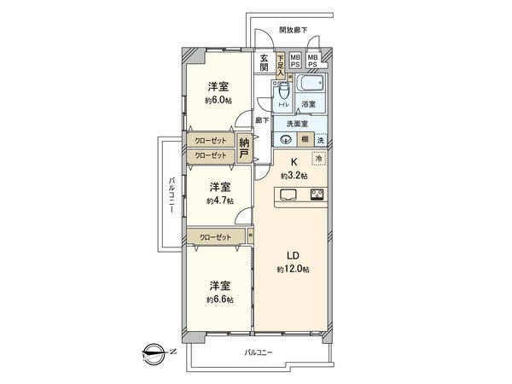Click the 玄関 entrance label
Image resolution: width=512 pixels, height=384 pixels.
click(265, 61)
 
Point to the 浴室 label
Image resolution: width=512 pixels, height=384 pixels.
click(309, 105)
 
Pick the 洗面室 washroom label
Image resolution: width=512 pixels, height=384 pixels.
click(297, 124)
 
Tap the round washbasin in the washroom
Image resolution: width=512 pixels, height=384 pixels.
click(286, 140)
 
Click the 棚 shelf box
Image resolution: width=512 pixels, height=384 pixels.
click(305, 140)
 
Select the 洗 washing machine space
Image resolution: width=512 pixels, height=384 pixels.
click(320, 140)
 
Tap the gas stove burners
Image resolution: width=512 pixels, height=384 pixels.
click(316, 195)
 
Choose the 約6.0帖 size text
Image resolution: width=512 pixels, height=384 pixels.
click(218, 100)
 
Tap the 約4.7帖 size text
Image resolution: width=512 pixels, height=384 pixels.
click(218, 201)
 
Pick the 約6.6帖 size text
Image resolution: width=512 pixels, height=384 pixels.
click(218, 300)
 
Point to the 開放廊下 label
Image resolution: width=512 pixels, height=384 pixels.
click(293, 31)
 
